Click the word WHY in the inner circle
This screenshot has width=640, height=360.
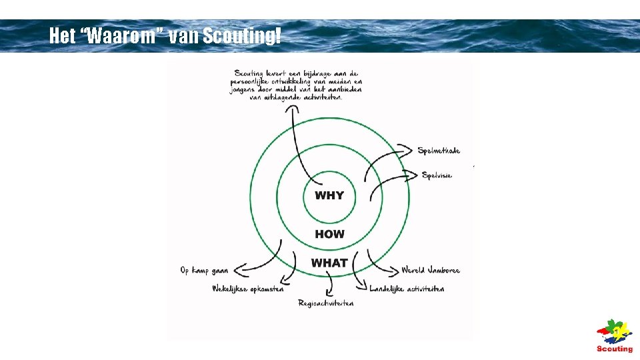click(x=329, y=195)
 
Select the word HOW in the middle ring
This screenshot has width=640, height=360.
click(x=329, y=234)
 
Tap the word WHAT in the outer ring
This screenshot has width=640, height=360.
click(x=329, y=263)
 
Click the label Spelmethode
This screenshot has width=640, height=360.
click(x=439, y=151)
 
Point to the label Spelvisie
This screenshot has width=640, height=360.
click(x=437, y=175)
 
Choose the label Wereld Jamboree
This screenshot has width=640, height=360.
click(x=431, y=271)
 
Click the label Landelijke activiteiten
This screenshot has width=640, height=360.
click(x=407, y=289)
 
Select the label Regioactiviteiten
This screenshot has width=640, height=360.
click(x=326, y=303)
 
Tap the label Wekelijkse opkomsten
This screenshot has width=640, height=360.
click(x=247, y=289)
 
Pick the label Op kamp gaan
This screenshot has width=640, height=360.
click(x=204, y=271)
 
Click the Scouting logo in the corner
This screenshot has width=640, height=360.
click(x=614, y=337)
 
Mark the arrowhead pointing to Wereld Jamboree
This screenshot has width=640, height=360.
click(x=393, y=271)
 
